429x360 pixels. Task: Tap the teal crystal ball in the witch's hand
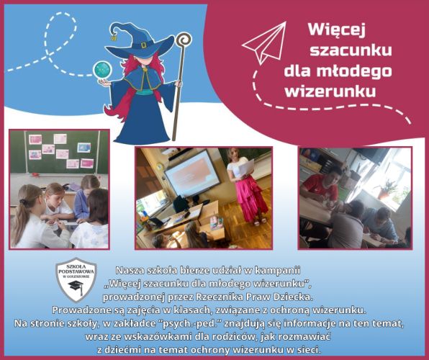coord(103,70)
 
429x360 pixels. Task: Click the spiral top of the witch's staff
coord(184,40)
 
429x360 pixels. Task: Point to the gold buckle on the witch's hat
coord(144,45)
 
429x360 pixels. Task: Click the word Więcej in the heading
coord(337,30)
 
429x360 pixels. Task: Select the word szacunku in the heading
coord(351,50)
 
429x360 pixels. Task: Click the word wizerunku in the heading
coord(330,91)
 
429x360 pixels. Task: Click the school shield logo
coord(76,279)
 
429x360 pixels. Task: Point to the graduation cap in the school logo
coord(76,286)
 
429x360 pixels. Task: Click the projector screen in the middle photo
coord(191,173)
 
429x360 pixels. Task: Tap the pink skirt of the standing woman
coord(252,197)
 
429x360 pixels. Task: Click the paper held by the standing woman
coord(246,168)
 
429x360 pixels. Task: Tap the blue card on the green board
coord(84,148)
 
